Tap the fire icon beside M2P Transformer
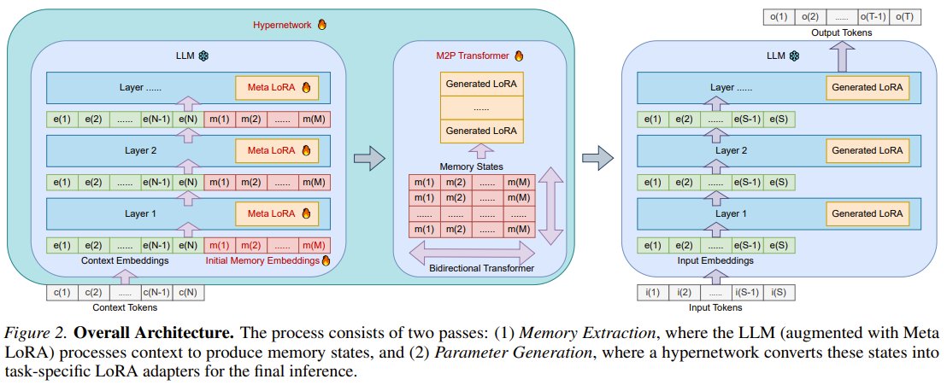point(517,56)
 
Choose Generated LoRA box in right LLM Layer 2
point(868,150)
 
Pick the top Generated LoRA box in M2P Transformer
point(480,85)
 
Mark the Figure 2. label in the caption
point(32,330)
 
